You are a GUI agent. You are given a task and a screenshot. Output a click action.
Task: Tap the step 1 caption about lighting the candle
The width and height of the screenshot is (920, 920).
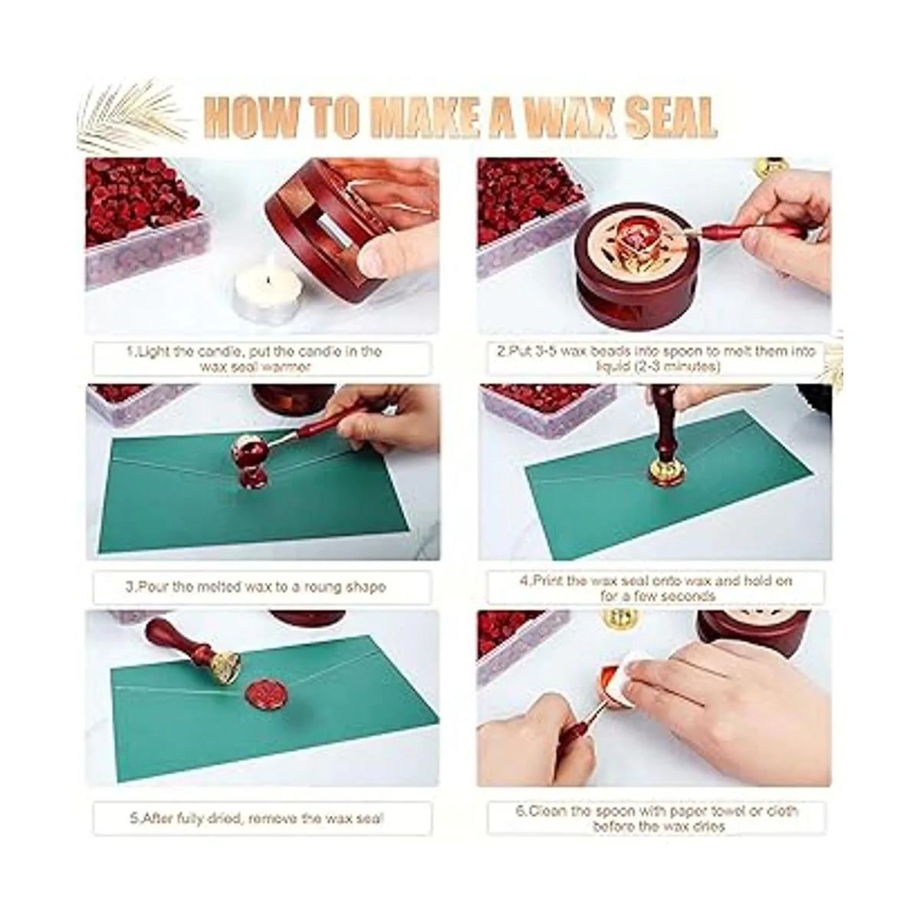click(x=255, y=359)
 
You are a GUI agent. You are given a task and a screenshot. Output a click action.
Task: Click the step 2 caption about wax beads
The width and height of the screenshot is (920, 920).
click(x=656, y=359)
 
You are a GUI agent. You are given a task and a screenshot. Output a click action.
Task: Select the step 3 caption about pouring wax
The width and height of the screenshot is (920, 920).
click(x=255, y=586)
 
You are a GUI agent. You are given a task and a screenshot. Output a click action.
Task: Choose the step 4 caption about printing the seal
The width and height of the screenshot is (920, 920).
click(x=656, y=588)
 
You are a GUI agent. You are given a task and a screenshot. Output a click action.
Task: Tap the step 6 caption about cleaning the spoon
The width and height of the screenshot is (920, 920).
click(x=657, y=819)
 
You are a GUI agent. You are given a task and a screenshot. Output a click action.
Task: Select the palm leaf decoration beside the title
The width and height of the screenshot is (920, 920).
click(x=133, y=113)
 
